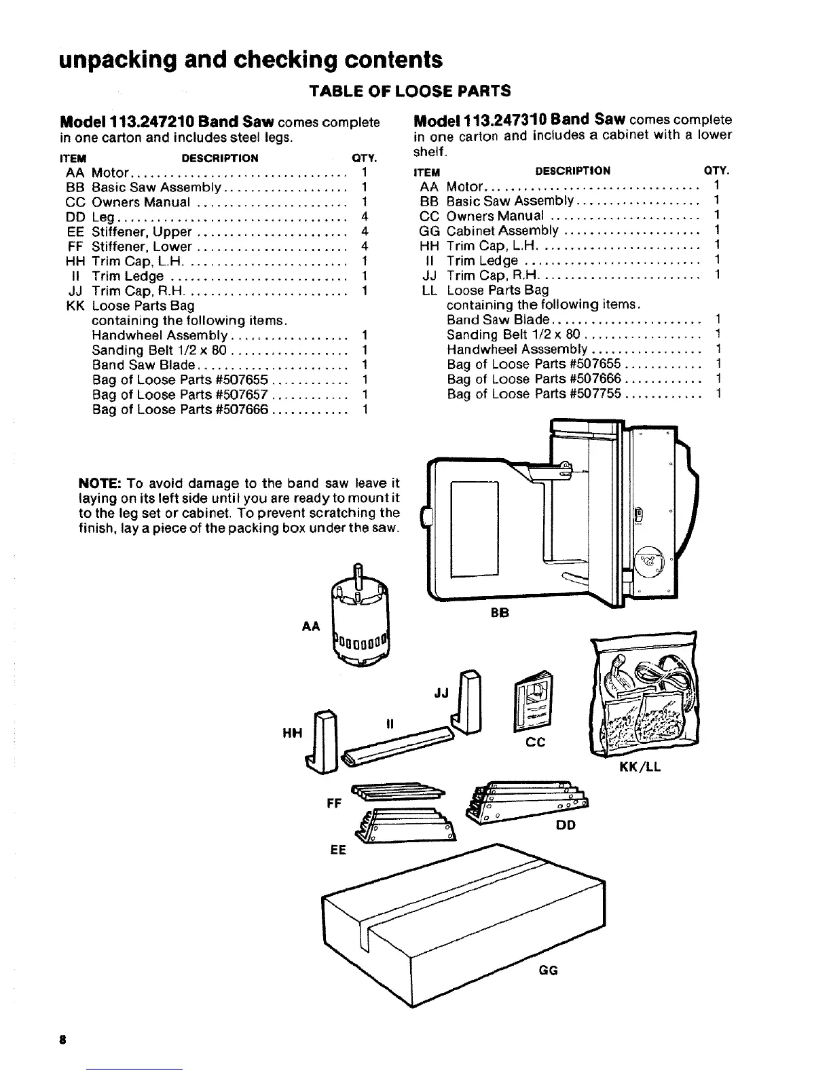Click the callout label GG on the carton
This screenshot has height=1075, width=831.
point(548,970)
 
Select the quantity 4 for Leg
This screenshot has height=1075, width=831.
point(365,217)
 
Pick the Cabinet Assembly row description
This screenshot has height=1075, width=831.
point(502,231)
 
